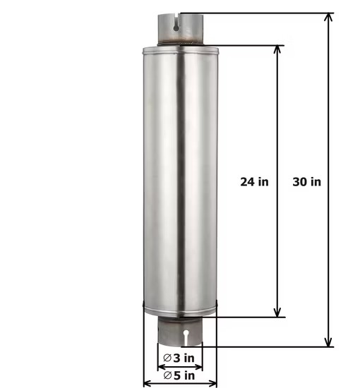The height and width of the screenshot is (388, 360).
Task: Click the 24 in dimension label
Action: [254, 181]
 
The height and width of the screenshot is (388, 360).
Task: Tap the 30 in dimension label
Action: [307, 181]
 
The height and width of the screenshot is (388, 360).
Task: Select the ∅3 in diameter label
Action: [179, 358]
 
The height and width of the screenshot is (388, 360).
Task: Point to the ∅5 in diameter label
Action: [179, 375]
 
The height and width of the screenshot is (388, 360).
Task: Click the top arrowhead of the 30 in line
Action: [328, 18]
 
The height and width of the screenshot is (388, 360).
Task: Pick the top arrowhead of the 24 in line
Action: [278, 51]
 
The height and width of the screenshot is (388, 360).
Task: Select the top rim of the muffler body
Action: [180, 49]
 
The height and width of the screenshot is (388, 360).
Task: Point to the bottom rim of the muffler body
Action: [180, 310]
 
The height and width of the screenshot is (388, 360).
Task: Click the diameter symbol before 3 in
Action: [167, 358]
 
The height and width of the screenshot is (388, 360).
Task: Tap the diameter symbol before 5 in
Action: [167, 375]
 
